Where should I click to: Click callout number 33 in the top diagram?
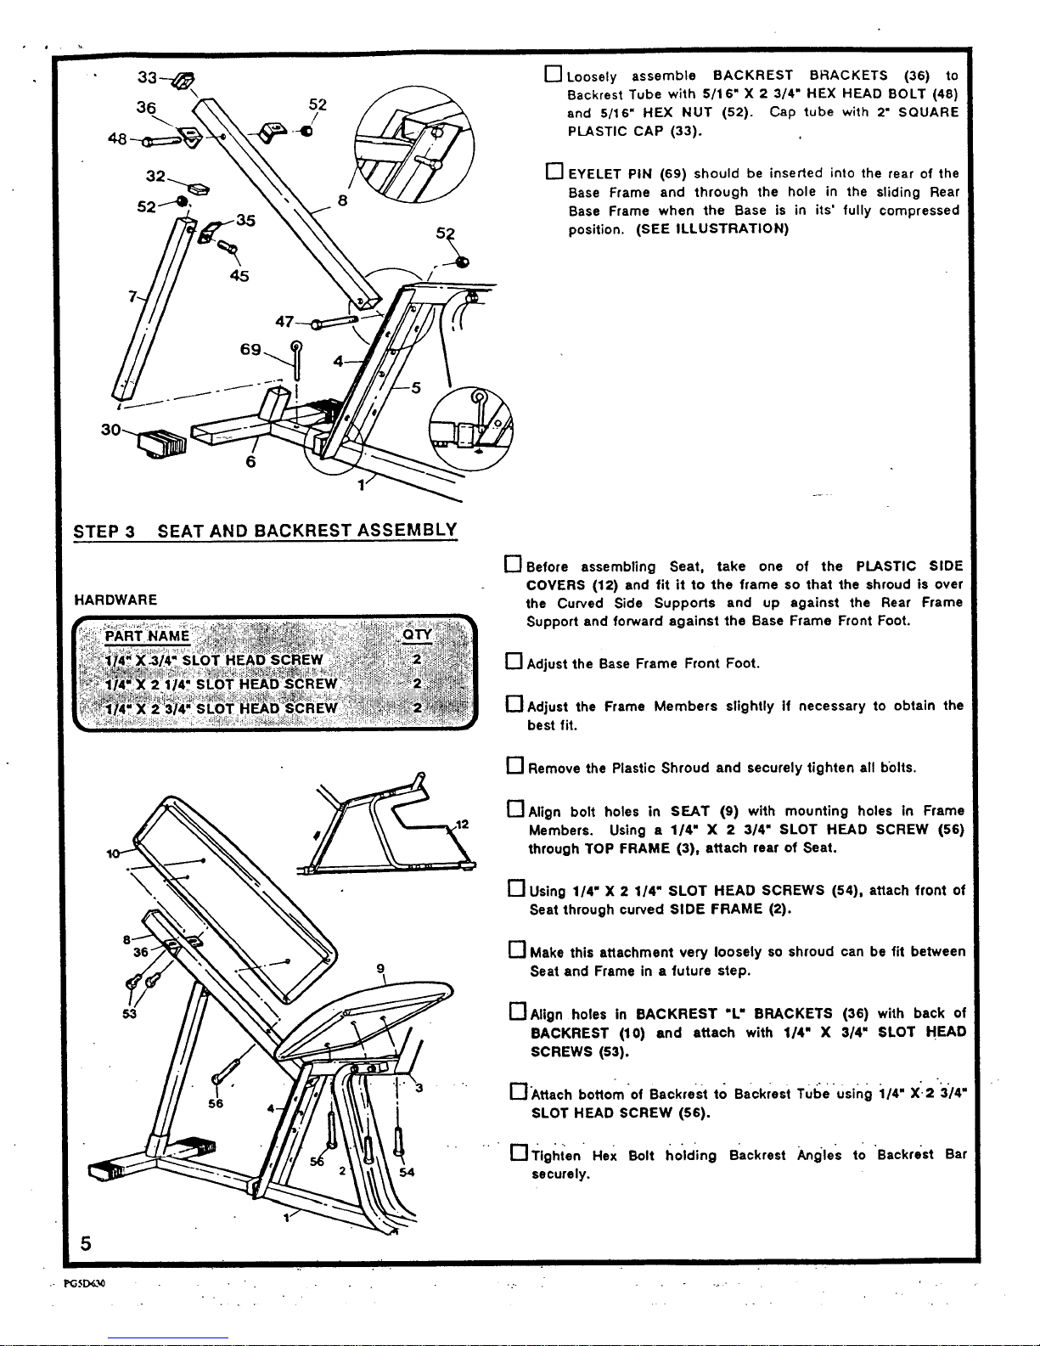pos(147,77)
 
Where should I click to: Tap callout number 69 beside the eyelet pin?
pos(250,349)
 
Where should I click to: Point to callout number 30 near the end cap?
pos(111,429)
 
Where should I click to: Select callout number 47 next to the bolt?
pos(284,322)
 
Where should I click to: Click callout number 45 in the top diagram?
pos(239,276)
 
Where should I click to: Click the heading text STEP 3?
pos(104,532)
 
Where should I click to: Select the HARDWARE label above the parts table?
pos(115,600)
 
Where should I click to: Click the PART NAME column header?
pos(147,636)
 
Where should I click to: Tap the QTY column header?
pos(417,635)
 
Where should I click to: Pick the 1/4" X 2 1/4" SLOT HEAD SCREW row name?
pos(221,684)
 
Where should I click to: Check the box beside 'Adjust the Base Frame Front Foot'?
pos(514,662)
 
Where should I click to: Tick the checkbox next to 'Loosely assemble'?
pos(553,75)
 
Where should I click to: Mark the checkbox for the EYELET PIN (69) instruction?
pos(554,171)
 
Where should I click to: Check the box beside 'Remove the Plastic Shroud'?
pos(515,766)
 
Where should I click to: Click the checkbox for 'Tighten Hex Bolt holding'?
pos(519,1152)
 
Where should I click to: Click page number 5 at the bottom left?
pos(86,1243)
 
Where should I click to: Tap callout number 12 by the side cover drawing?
pos(463,825)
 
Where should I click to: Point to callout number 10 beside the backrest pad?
pos(113,853)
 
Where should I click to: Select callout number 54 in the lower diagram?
pos(407,1172)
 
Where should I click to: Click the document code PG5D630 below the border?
pos(84,1283)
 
